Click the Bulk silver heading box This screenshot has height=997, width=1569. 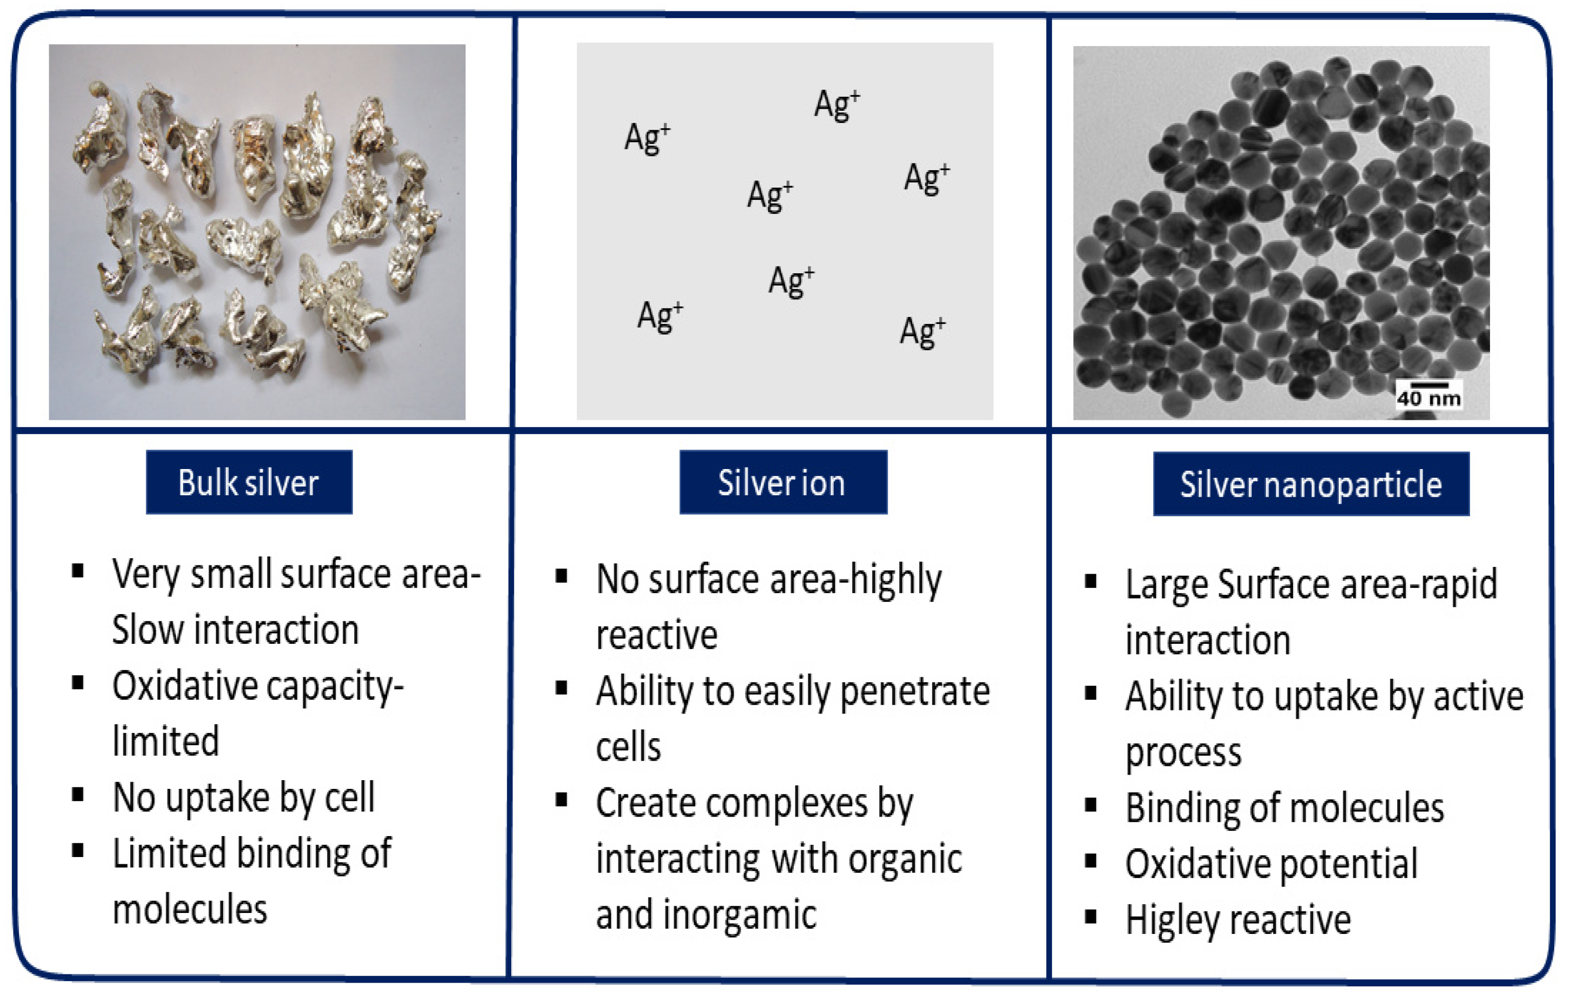(249, 482)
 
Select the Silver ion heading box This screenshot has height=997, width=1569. (783, 482)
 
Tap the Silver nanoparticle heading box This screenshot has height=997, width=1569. (1311, 484)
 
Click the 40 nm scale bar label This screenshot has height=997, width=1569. (1429, 398)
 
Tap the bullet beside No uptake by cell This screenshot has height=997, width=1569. (77, 795)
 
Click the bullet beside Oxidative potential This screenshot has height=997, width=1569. (1091, 861)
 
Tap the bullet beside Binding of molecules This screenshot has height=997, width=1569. (1091, 805)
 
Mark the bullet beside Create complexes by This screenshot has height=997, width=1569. (561, 800)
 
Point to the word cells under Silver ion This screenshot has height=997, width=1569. (628, 746)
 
